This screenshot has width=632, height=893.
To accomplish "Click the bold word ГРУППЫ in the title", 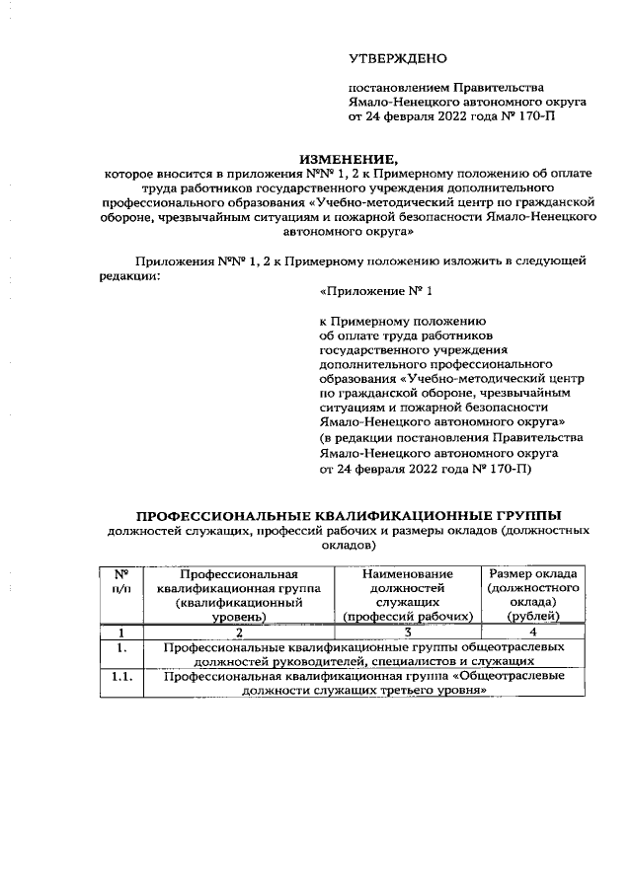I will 523,515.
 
